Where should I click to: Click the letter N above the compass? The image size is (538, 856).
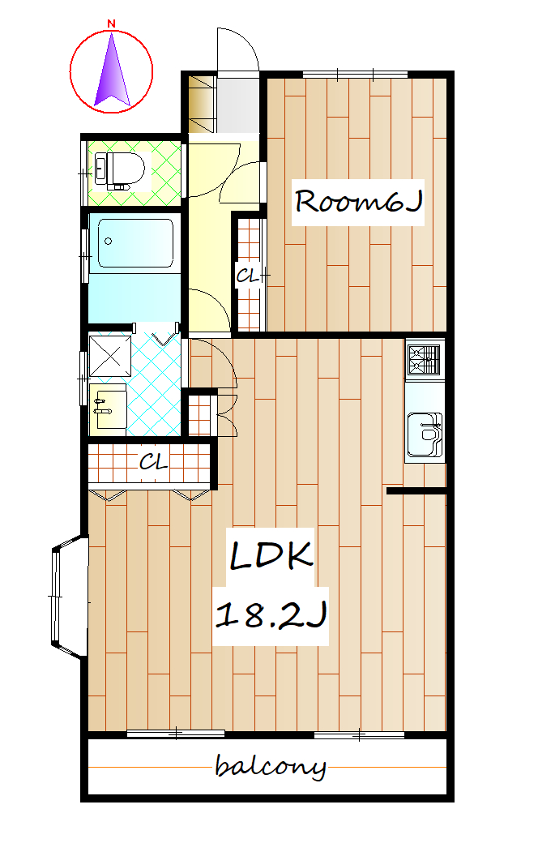click(111, 24)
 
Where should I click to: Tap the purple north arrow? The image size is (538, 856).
click(112, 71)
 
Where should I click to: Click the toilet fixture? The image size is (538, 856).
click(121, 171)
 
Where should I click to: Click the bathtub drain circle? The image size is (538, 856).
click(108, 242)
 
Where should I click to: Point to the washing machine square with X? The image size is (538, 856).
click(110, 356)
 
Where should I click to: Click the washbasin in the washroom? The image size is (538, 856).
click(108, 408)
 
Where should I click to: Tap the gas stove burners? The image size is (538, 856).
click(423, 360)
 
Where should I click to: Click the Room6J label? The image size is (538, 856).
click(358, 202)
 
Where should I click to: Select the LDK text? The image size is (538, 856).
click(271, 556)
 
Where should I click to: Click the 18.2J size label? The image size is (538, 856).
click(271, 614)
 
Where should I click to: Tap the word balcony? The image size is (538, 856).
click(271, 767)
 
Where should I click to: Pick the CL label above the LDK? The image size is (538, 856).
click(153, 463)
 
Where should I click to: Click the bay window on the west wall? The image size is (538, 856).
click(70, 596)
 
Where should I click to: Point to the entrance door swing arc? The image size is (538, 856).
click(248, 45)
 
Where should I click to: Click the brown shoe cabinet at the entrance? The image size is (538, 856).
click(202, 105)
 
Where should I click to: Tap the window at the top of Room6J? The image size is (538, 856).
click(355, 75)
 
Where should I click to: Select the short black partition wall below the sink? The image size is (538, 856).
click(416, 491)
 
